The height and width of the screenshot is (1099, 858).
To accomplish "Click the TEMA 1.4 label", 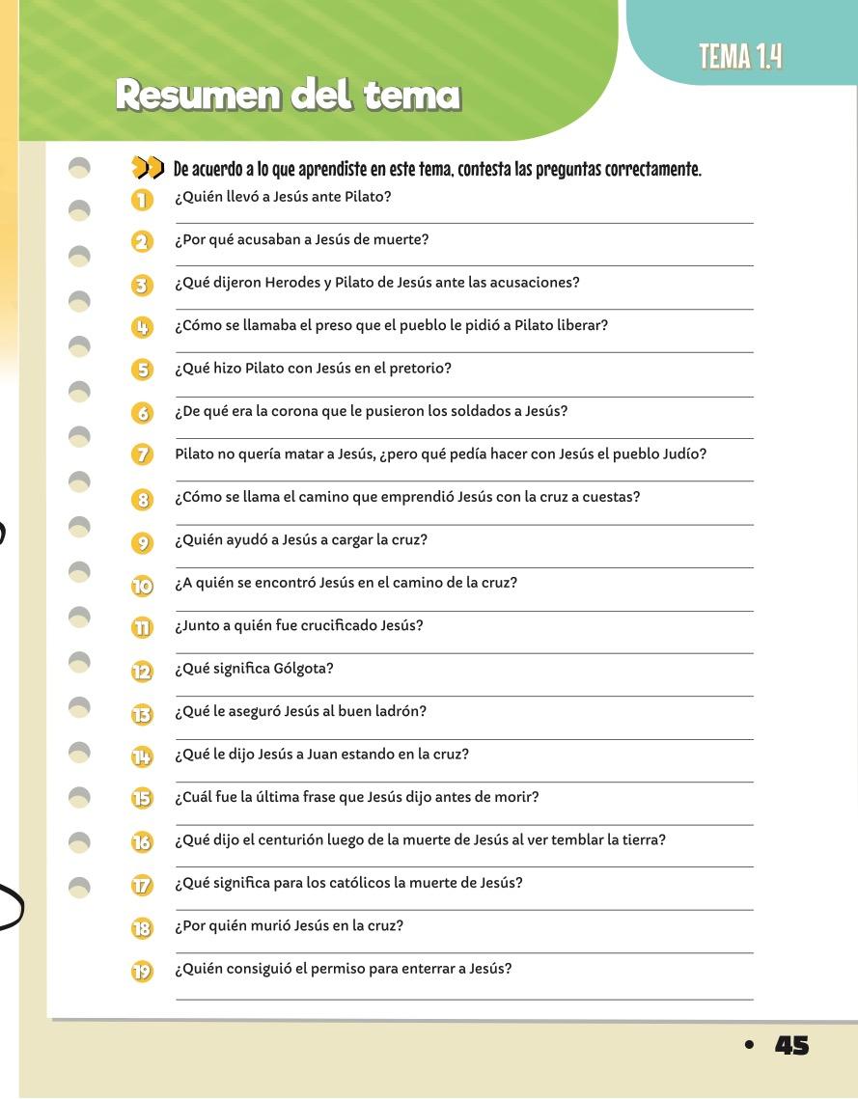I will click(x=740, y=58).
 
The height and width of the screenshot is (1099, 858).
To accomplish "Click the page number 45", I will click(x=791, y=1045).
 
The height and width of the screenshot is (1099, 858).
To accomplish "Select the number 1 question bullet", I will click(x=143, y=200).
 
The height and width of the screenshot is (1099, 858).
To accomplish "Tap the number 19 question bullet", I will click(x=143, y=971).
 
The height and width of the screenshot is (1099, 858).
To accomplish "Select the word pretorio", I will click(x=422, y=369).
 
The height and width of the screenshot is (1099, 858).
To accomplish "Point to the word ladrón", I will click(x=403, y=711).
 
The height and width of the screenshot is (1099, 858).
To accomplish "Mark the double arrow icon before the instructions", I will click(x=149, y=171).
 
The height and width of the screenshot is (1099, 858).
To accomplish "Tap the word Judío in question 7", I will click(x=686, y=453).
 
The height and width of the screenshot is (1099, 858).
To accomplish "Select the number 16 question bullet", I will click(x=143, y=841).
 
